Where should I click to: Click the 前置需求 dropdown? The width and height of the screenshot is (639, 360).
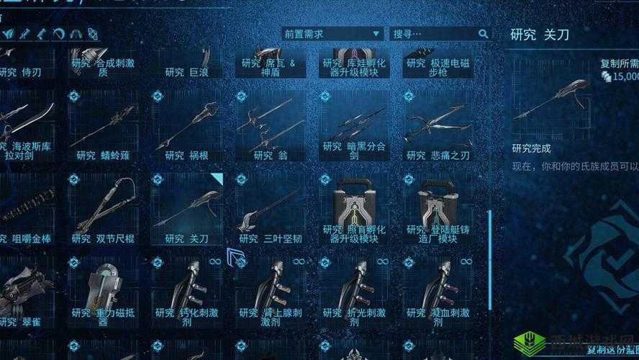tap(332, 34)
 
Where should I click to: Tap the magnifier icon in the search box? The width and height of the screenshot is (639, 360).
tap(483, 34)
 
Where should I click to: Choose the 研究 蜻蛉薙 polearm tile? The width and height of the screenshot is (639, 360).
tap(105, 127)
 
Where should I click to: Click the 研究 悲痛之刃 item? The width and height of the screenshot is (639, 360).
tap(438, 127)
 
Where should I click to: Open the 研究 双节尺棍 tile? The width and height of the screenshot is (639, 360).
tap(105, 209)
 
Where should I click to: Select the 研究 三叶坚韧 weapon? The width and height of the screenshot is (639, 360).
tap(271, 209)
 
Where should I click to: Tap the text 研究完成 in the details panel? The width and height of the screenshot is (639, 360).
tap(531, 148)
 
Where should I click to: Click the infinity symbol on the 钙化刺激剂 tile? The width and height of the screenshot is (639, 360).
tap(214, 261)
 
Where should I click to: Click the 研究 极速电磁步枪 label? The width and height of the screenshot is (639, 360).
tap(438, 68)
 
